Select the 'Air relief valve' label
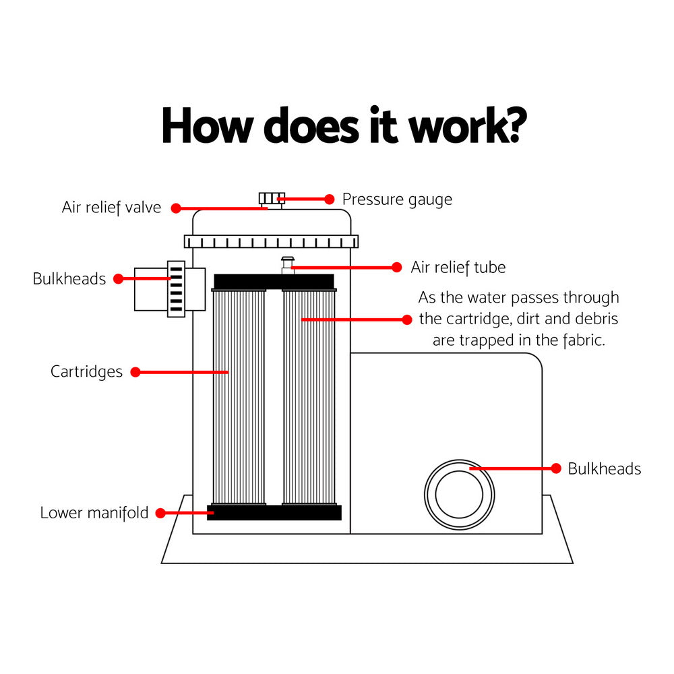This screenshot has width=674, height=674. point(111,208)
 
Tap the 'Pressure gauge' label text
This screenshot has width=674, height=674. point(397,200)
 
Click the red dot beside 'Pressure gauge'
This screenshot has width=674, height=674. point(330,200)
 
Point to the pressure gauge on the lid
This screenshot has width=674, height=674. point(272,199)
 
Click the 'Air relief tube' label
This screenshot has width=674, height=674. point(458,268)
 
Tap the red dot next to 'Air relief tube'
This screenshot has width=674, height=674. point(397,268)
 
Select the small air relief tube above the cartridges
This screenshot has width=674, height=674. point(288,264)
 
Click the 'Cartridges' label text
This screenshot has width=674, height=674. point(86,371)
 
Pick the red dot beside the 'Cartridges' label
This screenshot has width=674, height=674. point(135,371)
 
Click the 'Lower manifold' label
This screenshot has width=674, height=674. point(94,513)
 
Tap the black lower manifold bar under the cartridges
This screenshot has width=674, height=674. point(274,513)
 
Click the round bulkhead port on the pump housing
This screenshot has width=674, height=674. point(459,495)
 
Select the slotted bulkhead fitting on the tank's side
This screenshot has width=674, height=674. point(176,289)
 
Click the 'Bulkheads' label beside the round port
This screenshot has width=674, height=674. point(604,469)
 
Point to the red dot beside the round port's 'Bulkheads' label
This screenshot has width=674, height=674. point(556,468)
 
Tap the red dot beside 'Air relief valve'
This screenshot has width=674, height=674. point(176,208)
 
